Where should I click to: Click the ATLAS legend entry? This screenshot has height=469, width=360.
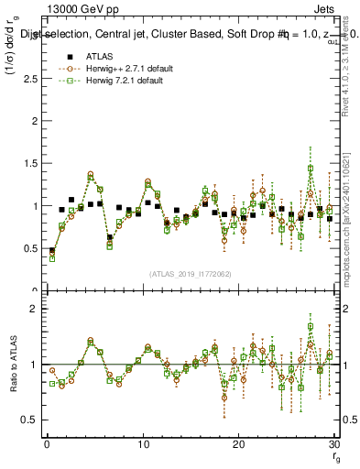pyautogui.click(x=99, y=58)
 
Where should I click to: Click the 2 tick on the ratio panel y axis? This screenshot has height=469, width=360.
pyautogui.click(x=34, y=310)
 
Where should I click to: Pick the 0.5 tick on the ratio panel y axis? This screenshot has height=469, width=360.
pyautogui.click(x=29, y=420)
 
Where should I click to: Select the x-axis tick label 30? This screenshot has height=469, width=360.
pyautogui.click(x=334, y=443)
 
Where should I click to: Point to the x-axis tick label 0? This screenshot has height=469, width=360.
pyautogui.click(x=46, y=443)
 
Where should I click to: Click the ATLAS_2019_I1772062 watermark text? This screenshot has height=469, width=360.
pyautogui.click(x=190, y=274)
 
